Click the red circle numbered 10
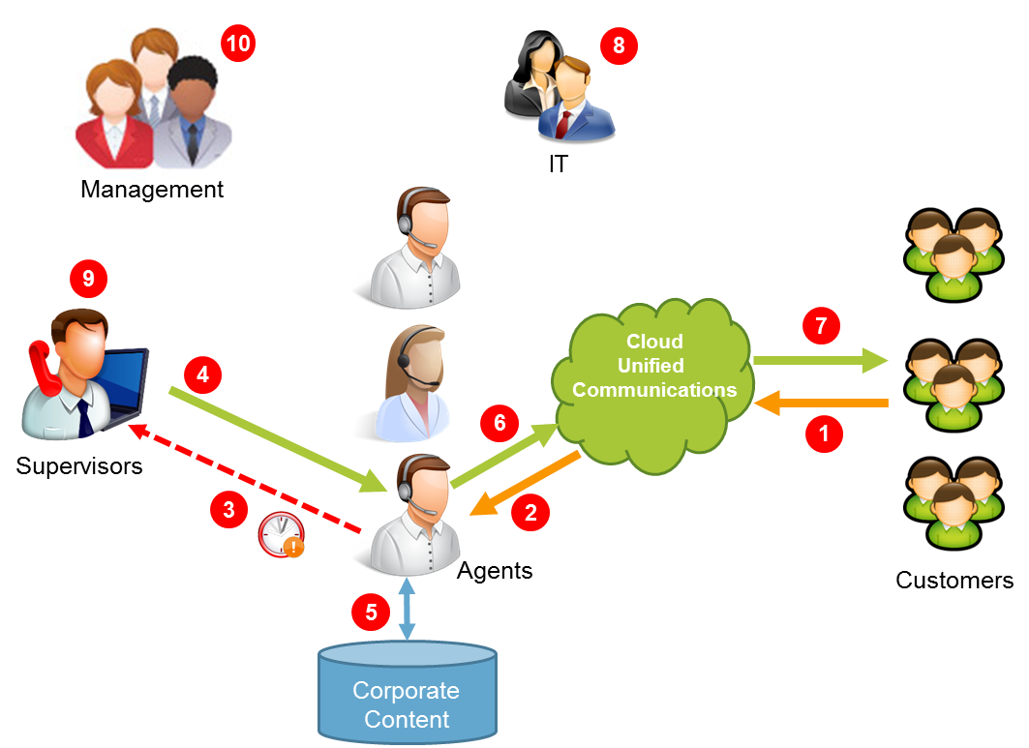[237, 44]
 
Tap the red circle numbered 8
[619, 45]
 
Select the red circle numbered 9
[88, 280]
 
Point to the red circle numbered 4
[201, 374]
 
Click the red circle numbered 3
[229, 510]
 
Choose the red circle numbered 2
[530, 513]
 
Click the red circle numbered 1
[824, 434]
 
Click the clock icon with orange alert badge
[281, 534]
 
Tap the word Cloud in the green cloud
[654, 342]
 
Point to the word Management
[152, 188]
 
